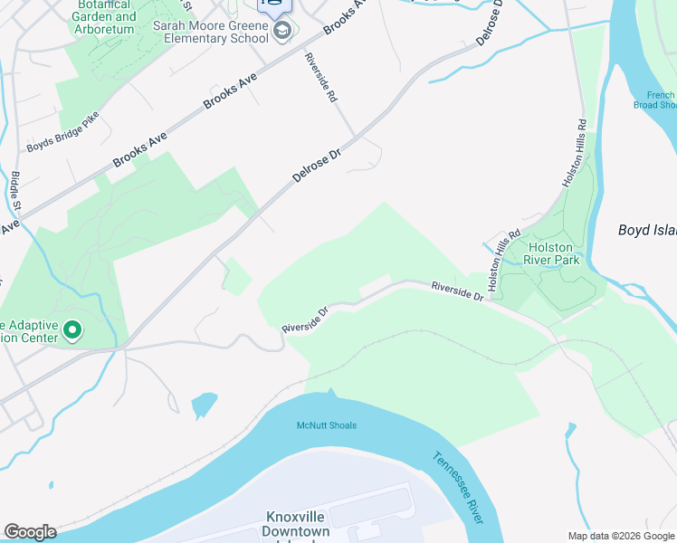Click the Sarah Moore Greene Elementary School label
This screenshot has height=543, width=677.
point(210,33)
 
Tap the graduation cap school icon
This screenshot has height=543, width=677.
point(282,33)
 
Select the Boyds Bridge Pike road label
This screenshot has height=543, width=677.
point(62,134)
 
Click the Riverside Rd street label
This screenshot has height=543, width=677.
point(320,77)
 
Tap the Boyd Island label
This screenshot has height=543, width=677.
point(646,230)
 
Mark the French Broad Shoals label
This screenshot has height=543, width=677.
point(661,100)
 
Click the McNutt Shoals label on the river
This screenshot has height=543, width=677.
point(327,425)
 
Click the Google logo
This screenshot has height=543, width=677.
point(30,532)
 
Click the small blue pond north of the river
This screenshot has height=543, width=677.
point(205,404)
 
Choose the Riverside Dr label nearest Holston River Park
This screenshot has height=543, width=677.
point(457,291)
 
